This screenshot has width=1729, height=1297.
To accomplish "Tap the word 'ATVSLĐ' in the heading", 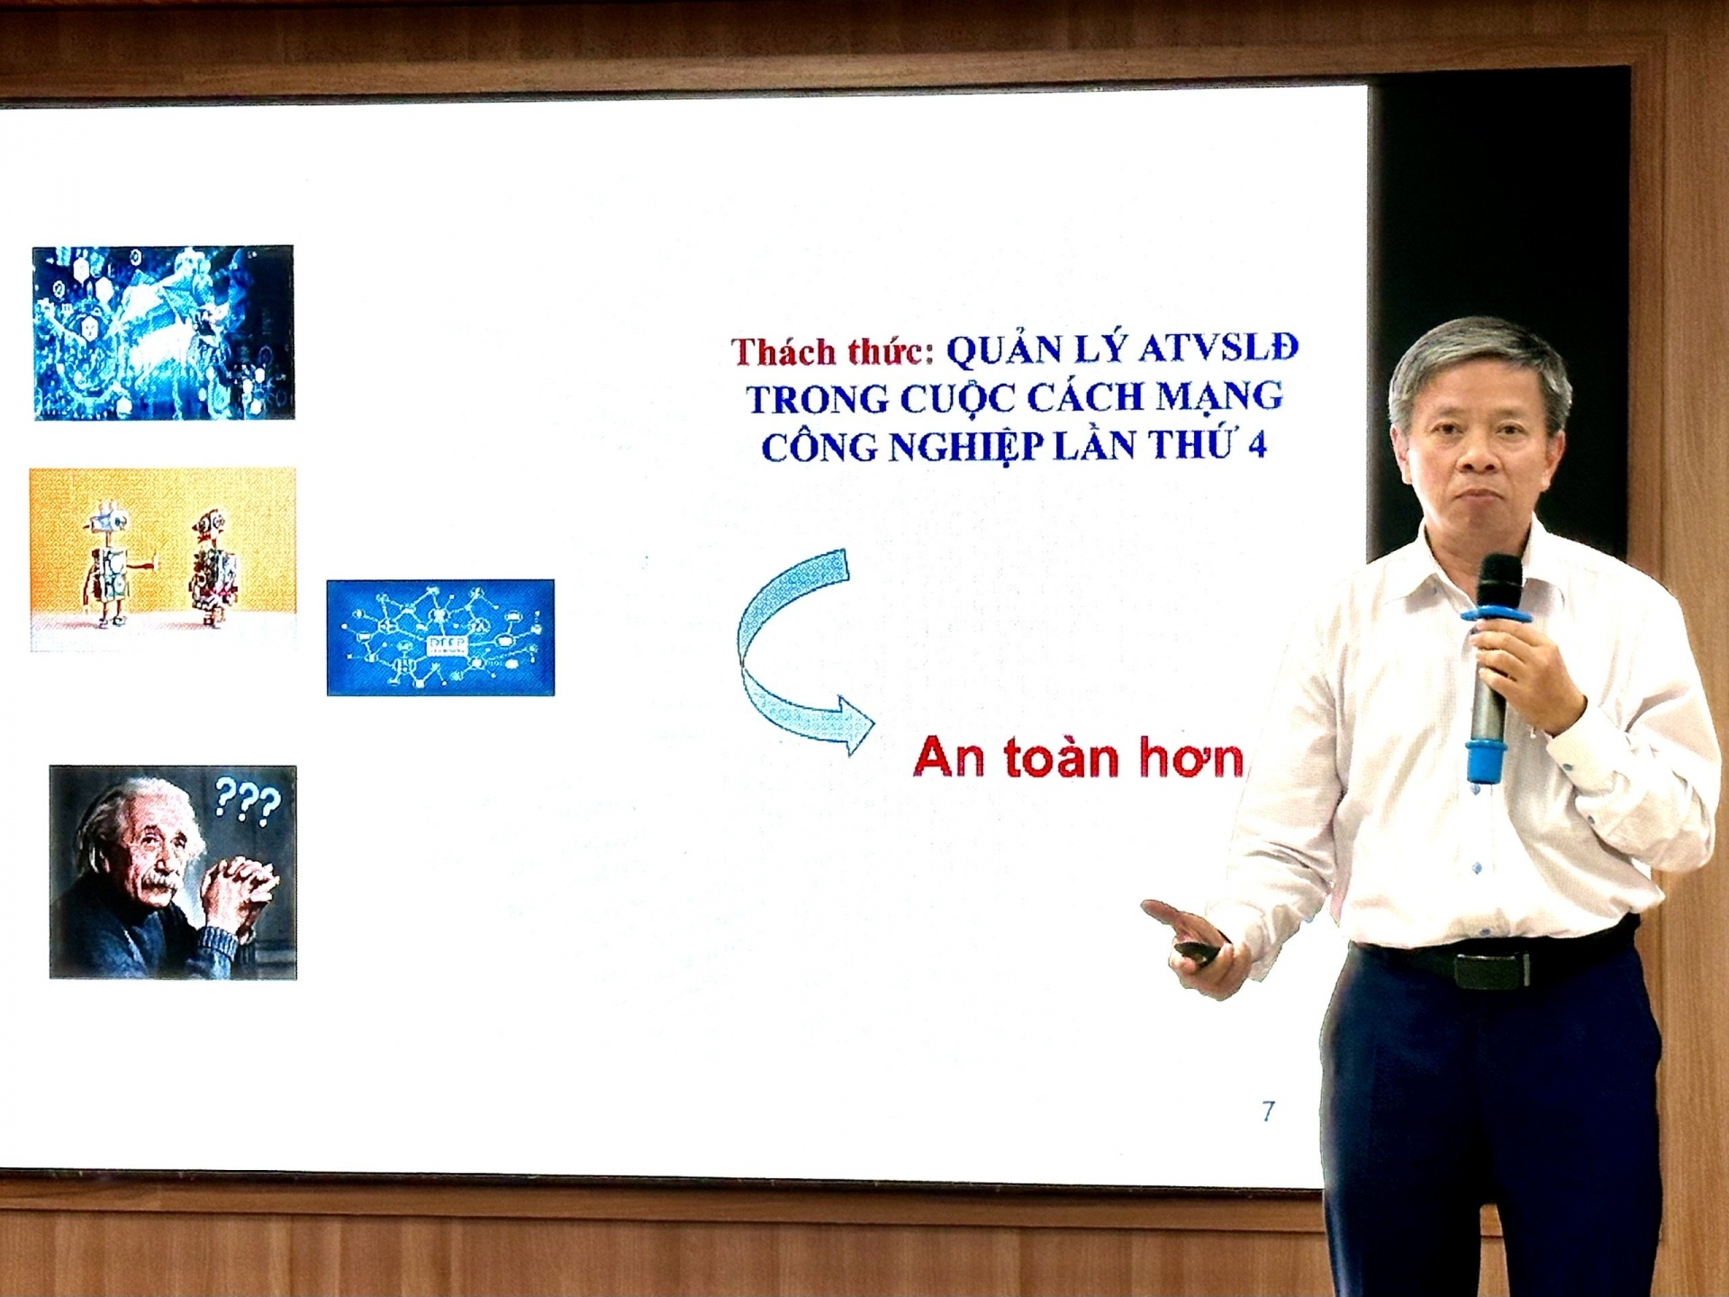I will pyautogui.click(x=1218, y=348).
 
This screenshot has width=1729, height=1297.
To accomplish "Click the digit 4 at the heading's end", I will pyautogui.click(x=1256, y=445).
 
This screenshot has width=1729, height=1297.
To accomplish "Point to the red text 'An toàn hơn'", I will pyautogui.click(x=1078, y=758).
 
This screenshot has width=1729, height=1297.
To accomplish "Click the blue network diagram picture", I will pyautogui.click(x=440, y=638).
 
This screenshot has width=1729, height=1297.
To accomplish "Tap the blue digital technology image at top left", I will pyautogui.click(x=163, y=332).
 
